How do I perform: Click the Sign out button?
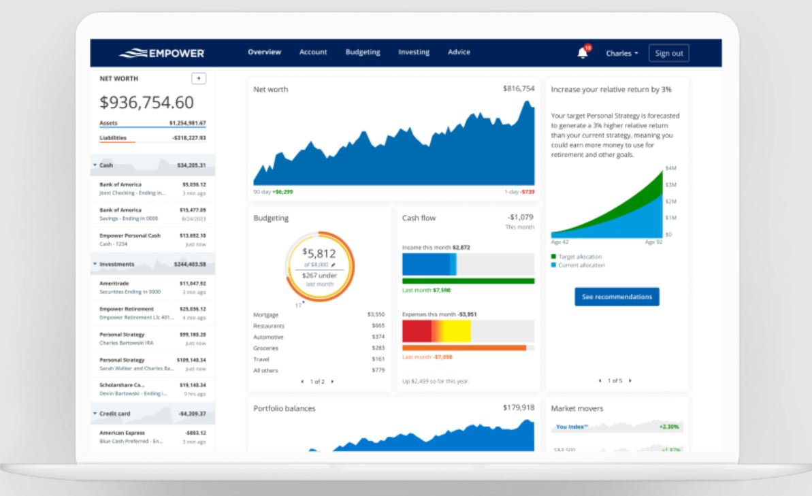tap(668, 53)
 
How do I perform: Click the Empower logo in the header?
tap(161, 53)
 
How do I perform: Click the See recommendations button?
tap(617, 297)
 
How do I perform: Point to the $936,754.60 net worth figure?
tap(147, 103)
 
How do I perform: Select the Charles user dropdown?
tap(622, 53)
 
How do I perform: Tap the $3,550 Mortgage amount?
tap(376, 315)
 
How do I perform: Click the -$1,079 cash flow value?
tap(521, 217)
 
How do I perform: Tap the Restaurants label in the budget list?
tap(270, 326)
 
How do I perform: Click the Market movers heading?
tap(577, 408)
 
